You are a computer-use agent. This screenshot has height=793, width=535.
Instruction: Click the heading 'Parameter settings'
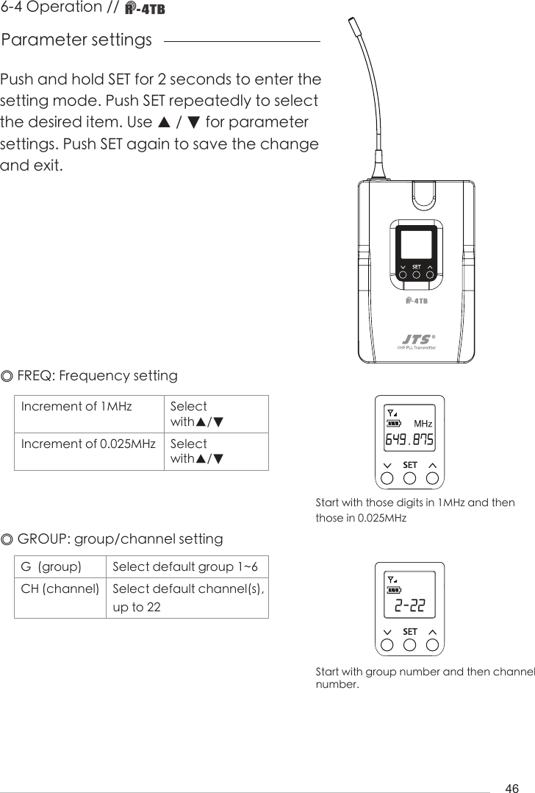(x=77, y=40)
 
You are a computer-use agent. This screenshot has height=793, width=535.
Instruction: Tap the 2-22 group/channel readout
(x=409, y=606)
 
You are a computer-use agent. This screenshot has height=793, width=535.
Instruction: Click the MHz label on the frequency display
(x=423, y=424)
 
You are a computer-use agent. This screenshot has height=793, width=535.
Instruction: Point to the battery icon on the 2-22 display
(x=395, y=589)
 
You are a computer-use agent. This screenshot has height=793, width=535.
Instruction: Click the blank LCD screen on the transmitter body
(x=416, y=243)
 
